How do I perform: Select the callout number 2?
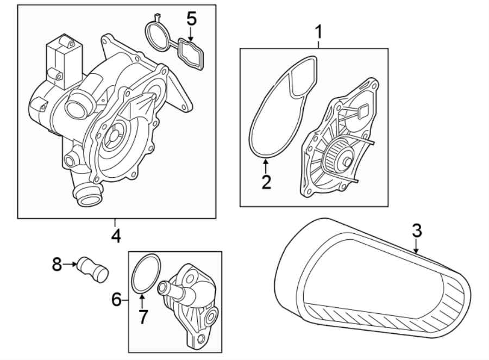pyautogui.click(x=266, y=182)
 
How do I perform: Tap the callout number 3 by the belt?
pyautogui.click(x=417, y=231)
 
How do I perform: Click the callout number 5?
pyautogui.click(x=192, y=18)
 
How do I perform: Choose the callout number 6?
pyautogui.click(x=117, y=300)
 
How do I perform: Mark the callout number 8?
pyautogui.click(x=57, y=264)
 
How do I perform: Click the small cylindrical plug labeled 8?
pyautogui.click(x=92, y=269)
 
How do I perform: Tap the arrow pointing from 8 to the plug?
pyautogui.click(x=70, y=264)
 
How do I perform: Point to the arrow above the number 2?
pyautogui.click(x=266, y=166)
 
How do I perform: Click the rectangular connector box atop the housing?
pyautogui.click(x=64, y=61)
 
